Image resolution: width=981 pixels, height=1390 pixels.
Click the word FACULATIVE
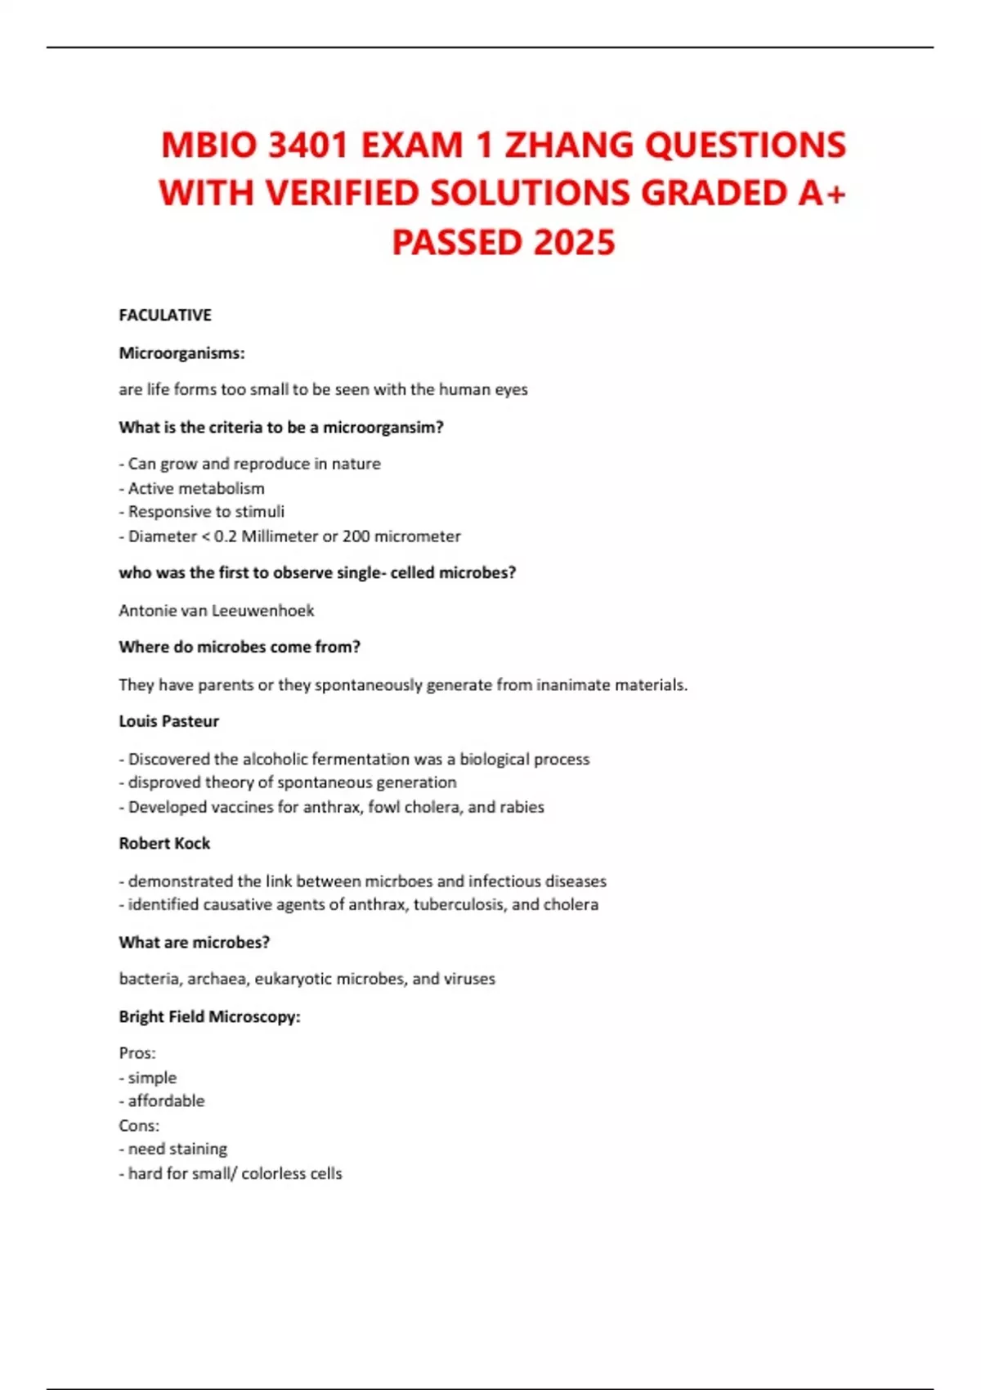point(165,315)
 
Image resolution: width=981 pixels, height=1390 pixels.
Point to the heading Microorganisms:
point(181,353)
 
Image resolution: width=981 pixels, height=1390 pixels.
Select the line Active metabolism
point(195,488)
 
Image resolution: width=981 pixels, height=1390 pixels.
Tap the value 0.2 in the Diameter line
point(225,536)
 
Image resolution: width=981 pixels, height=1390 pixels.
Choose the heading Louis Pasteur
point(168,721)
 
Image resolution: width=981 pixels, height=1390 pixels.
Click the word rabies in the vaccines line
point(522,807)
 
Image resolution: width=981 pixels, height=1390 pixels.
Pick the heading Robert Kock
point(164,843)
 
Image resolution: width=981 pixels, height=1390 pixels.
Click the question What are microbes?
point(194,942)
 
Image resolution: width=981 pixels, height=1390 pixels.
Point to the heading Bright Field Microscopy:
point(209,1016)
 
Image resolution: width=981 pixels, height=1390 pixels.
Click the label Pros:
point(137,1053)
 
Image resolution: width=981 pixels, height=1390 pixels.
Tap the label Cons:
point(139,1126)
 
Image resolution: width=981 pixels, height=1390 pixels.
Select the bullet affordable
point(166,1101)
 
